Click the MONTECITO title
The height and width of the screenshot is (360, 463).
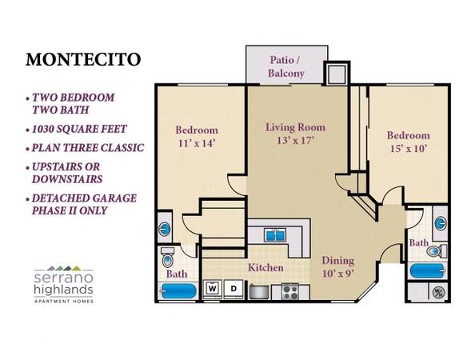click(x=83, y=60)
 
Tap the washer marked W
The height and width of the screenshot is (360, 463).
click(x=212, y=288)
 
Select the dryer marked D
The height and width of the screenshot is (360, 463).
click(x=233, y=288)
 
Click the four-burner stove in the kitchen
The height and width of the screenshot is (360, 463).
click(x=290, y=291)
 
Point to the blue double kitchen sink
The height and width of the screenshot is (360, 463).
click(x=276, y=234)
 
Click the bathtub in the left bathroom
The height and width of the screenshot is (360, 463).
click(x=178, y=291)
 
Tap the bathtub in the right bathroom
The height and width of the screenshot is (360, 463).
click(x=428, y=270)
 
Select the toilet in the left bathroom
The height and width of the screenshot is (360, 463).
click(x=168, y=257)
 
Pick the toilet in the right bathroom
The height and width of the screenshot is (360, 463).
click(x=437, y=251)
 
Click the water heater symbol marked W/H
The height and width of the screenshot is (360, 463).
click(x=438, y=292)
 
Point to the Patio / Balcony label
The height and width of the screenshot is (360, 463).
click(x=286, y=66)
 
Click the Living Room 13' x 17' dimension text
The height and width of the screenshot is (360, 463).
click(x=295, y=140)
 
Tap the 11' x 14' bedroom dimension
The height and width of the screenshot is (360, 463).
click(x=196, y=143)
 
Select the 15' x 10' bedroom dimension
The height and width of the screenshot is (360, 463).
click(x=409, y=148)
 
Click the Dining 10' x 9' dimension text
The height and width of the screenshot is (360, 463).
click(x=337, y=274)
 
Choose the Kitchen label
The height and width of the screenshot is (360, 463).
click(x=265, y=267)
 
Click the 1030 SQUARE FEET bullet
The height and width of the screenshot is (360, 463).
click(x=77, y=129)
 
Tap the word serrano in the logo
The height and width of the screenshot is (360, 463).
click(x=64, y=278)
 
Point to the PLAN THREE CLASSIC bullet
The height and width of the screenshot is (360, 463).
click(x=85, y=148)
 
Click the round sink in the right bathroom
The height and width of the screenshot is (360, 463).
click(x=441, y=222)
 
